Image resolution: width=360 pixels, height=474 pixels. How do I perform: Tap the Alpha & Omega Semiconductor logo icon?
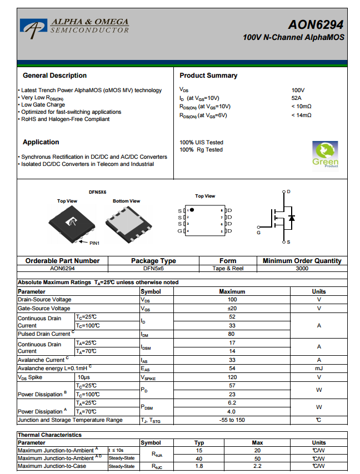tap(34, 25)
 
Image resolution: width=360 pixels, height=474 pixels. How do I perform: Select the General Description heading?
tap(54, 75)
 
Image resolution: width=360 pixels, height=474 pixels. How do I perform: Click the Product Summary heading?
tap(208, 75)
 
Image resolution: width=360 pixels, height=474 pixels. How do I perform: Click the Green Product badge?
tap(325, 155)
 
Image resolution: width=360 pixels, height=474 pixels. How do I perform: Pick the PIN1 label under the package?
tap(94, 243)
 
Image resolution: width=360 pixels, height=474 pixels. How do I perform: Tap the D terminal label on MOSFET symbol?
tap(288, 191)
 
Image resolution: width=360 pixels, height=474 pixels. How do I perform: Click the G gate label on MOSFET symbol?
tap(259, 233)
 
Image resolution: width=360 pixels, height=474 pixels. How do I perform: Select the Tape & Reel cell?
tap(228, 269)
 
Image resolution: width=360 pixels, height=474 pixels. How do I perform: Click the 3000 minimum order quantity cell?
tap(302, 269)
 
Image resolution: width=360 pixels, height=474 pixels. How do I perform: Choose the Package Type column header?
tap(153, 261)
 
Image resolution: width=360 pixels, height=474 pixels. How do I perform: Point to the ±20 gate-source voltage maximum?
tap(232, 308)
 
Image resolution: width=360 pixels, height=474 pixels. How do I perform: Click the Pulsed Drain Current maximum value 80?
tap(232, 334)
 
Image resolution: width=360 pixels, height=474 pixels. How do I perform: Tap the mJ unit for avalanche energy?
tap(319, 369)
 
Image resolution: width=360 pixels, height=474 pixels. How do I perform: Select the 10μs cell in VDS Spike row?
tap(84, 377)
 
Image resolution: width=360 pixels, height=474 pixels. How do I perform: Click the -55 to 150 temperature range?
tap(232, 420)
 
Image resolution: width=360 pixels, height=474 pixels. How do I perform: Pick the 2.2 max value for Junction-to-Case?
tap(257, 466)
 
